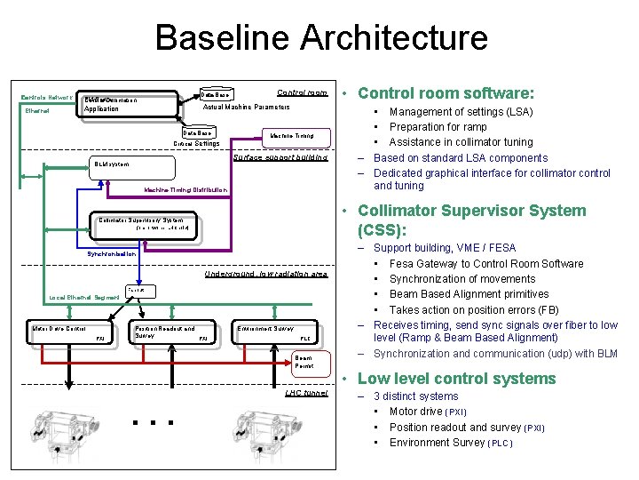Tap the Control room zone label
point(302,92)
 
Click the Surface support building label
point(280,157)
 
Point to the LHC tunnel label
point(306,393)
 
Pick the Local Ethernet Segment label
point(83,297)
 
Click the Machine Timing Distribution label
point(185,189)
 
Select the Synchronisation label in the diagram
point(112,253)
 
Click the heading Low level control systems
point(456,379)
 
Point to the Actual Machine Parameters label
point(247,107)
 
